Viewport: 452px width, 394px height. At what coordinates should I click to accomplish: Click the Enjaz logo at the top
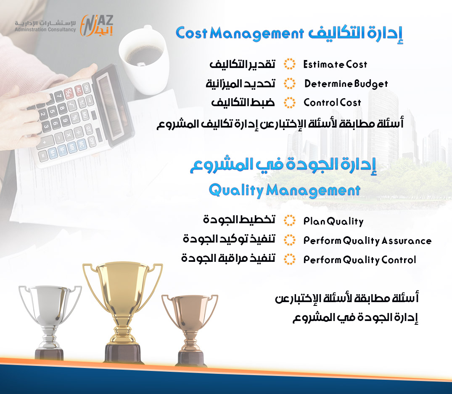point(97,26)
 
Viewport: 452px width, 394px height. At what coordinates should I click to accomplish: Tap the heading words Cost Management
point(240,34)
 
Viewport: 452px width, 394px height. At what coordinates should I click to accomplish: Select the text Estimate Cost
point(335,64)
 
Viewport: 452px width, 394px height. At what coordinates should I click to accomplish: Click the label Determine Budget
point(346,83)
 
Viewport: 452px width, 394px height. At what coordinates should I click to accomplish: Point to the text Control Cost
point(332,102)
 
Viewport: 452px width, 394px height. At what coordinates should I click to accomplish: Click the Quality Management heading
point(285,190)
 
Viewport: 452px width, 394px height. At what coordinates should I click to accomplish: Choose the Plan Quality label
point(333,221)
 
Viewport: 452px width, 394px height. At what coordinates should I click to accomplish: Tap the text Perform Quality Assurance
point(367,240)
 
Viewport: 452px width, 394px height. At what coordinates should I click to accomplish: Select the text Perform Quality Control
point(359,260)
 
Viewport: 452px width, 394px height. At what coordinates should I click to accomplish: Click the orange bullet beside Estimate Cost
point(289,64)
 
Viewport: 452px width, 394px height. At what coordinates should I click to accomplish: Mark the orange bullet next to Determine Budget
point(289,83)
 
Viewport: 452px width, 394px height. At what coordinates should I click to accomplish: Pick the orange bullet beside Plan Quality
point(289,221)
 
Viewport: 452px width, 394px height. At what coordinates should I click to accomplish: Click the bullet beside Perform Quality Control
point(289,259)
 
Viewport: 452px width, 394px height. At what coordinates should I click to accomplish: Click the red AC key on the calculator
point(78,90)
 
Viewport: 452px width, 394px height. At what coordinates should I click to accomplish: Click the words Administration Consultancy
point(45,29)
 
